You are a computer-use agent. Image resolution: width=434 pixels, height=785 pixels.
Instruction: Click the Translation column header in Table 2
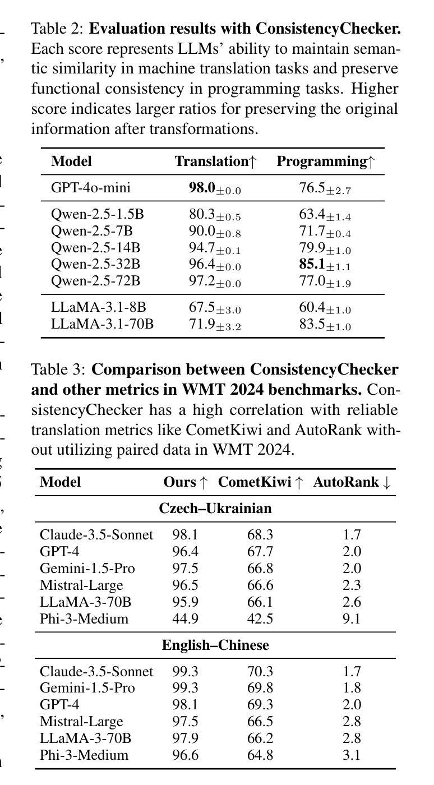(x=215, y=161)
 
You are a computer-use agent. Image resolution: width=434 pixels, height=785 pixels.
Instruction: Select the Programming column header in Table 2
(x=326, y=161)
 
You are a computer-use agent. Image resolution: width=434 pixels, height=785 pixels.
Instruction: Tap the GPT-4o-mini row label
(x=90, y=188)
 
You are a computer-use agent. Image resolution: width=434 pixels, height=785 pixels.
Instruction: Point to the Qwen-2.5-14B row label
(x=95, y=248)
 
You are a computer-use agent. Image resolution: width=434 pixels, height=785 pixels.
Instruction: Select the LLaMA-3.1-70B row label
(x=102, y=324)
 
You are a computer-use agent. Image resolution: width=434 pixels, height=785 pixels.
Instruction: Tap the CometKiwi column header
(x=260, y=482)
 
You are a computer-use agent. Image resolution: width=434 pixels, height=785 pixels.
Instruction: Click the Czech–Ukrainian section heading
(x=215, y=508)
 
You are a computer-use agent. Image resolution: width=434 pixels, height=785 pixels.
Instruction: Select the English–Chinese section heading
(x=215, y=645)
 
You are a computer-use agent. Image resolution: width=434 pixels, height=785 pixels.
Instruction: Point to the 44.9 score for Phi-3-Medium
(x=185, y=618)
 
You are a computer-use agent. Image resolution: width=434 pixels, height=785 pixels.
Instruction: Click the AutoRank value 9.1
(x=352, y=618)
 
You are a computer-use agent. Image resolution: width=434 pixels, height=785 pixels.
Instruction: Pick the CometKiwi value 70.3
(x=260, y=672)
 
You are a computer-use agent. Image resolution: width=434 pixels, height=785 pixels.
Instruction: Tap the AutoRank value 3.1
(x=352, y=755)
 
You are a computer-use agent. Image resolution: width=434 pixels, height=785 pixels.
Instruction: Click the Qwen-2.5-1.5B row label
(x=98, y=214)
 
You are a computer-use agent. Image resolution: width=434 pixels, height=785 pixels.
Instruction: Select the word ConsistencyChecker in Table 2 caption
(x=328, y=29)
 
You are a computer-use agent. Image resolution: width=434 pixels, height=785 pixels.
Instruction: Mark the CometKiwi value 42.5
(x=260, y=618)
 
